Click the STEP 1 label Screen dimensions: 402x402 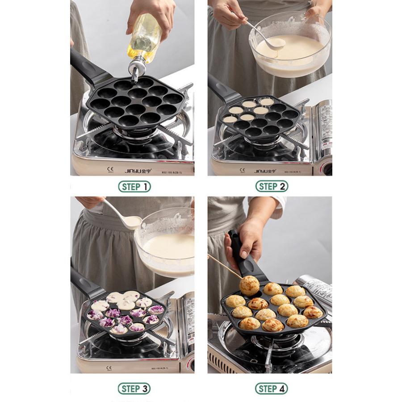pyautogui.click(x=134, y=187)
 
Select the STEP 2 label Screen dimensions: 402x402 pyautogui.click(x=272, y=187)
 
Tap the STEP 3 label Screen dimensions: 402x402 pyautogui.click(x=134, y=389)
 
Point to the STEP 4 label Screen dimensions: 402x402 pyautogui.click(x=272, y=389)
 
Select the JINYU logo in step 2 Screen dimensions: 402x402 pyautogui.click(x=265, y=171)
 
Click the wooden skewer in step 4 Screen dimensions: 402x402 pyautogui.click(x=223, y=266)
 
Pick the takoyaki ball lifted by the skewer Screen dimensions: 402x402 pyautogui.click(x=249, y=285)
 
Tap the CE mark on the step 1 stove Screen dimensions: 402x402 pyautogui.click(x=110, y=170)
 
